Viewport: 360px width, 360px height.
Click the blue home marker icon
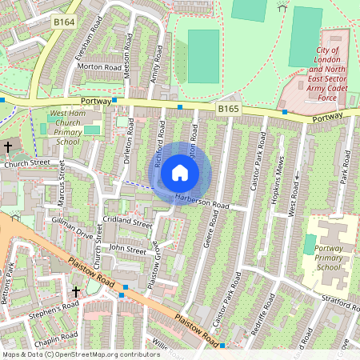tap(180, 173)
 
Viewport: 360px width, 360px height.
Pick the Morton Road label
tap(99, 66)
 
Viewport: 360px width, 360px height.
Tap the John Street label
tap(127, 249)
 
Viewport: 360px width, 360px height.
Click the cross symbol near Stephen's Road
tap(77, 292)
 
